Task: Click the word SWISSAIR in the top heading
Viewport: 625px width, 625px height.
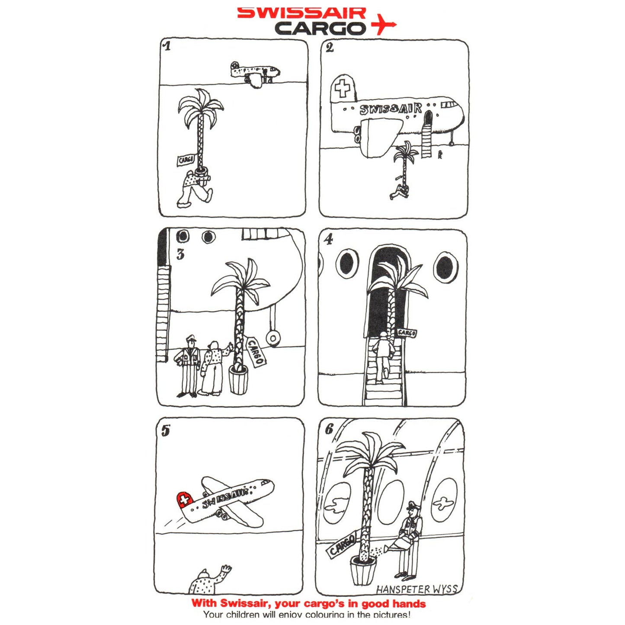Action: (x=301, y=13)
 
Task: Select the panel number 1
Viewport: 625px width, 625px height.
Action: (x=167, y=46)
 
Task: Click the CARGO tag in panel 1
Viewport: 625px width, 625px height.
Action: (x=186, y=160)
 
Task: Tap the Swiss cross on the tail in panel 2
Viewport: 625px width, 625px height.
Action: (x=343, y=89)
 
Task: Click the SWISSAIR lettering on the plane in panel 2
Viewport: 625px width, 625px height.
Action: (x=391, y=109)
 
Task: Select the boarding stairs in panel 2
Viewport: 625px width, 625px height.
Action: (x=427, y=138)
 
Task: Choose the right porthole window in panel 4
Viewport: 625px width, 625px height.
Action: (x=446, y=267)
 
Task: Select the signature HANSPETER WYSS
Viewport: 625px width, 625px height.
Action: (x=416, y=589)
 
